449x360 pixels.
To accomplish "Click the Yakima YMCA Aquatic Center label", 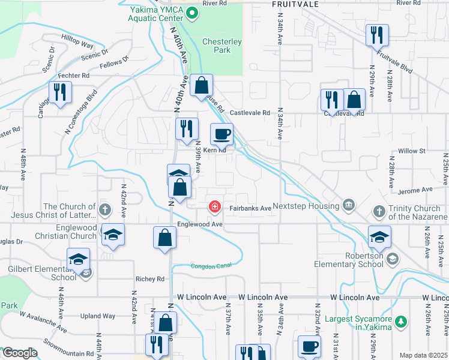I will coord(155,13).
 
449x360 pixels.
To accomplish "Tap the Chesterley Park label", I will coord(221,46).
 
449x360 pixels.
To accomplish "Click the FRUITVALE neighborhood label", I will coord(294,4).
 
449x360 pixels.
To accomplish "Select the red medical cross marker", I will coord(214,207).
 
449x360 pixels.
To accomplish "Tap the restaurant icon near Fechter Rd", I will coord(60,92).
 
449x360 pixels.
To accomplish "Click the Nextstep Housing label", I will coord(306,206).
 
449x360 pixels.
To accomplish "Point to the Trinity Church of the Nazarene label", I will coord(414,212).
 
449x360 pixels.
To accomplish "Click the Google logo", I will coord(19,353).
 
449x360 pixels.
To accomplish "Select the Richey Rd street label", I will coord(150,279).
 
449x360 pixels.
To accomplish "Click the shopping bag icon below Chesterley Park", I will coord(202,85).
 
